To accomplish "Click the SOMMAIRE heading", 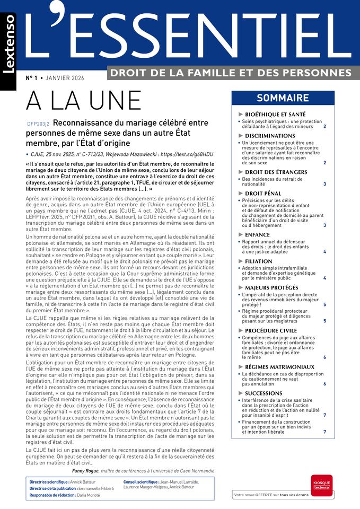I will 283,98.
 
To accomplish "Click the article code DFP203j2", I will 38,124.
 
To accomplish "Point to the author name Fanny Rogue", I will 87,470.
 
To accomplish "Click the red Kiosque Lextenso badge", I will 321,485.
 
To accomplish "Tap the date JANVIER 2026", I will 65,78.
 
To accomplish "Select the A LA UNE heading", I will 84,101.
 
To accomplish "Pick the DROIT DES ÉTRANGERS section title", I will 276,172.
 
